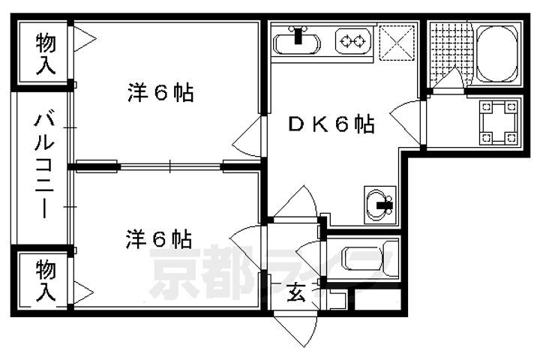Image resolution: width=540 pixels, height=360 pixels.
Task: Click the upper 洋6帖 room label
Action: (x=160, y=93)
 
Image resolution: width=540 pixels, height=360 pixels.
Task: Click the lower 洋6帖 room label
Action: (x=157, y=239)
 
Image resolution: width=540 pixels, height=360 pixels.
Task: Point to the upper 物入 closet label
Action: (x=46, y=52)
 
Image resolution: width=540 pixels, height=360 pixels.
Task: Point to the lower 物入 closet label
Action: (x=46, y=279)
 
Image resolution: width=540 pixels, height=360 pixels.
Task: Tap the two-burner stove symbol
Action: (x=352, y=41)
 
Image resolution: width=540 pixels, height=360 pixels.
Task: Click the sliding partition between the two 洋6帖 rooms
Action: (x=170, y=166)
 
